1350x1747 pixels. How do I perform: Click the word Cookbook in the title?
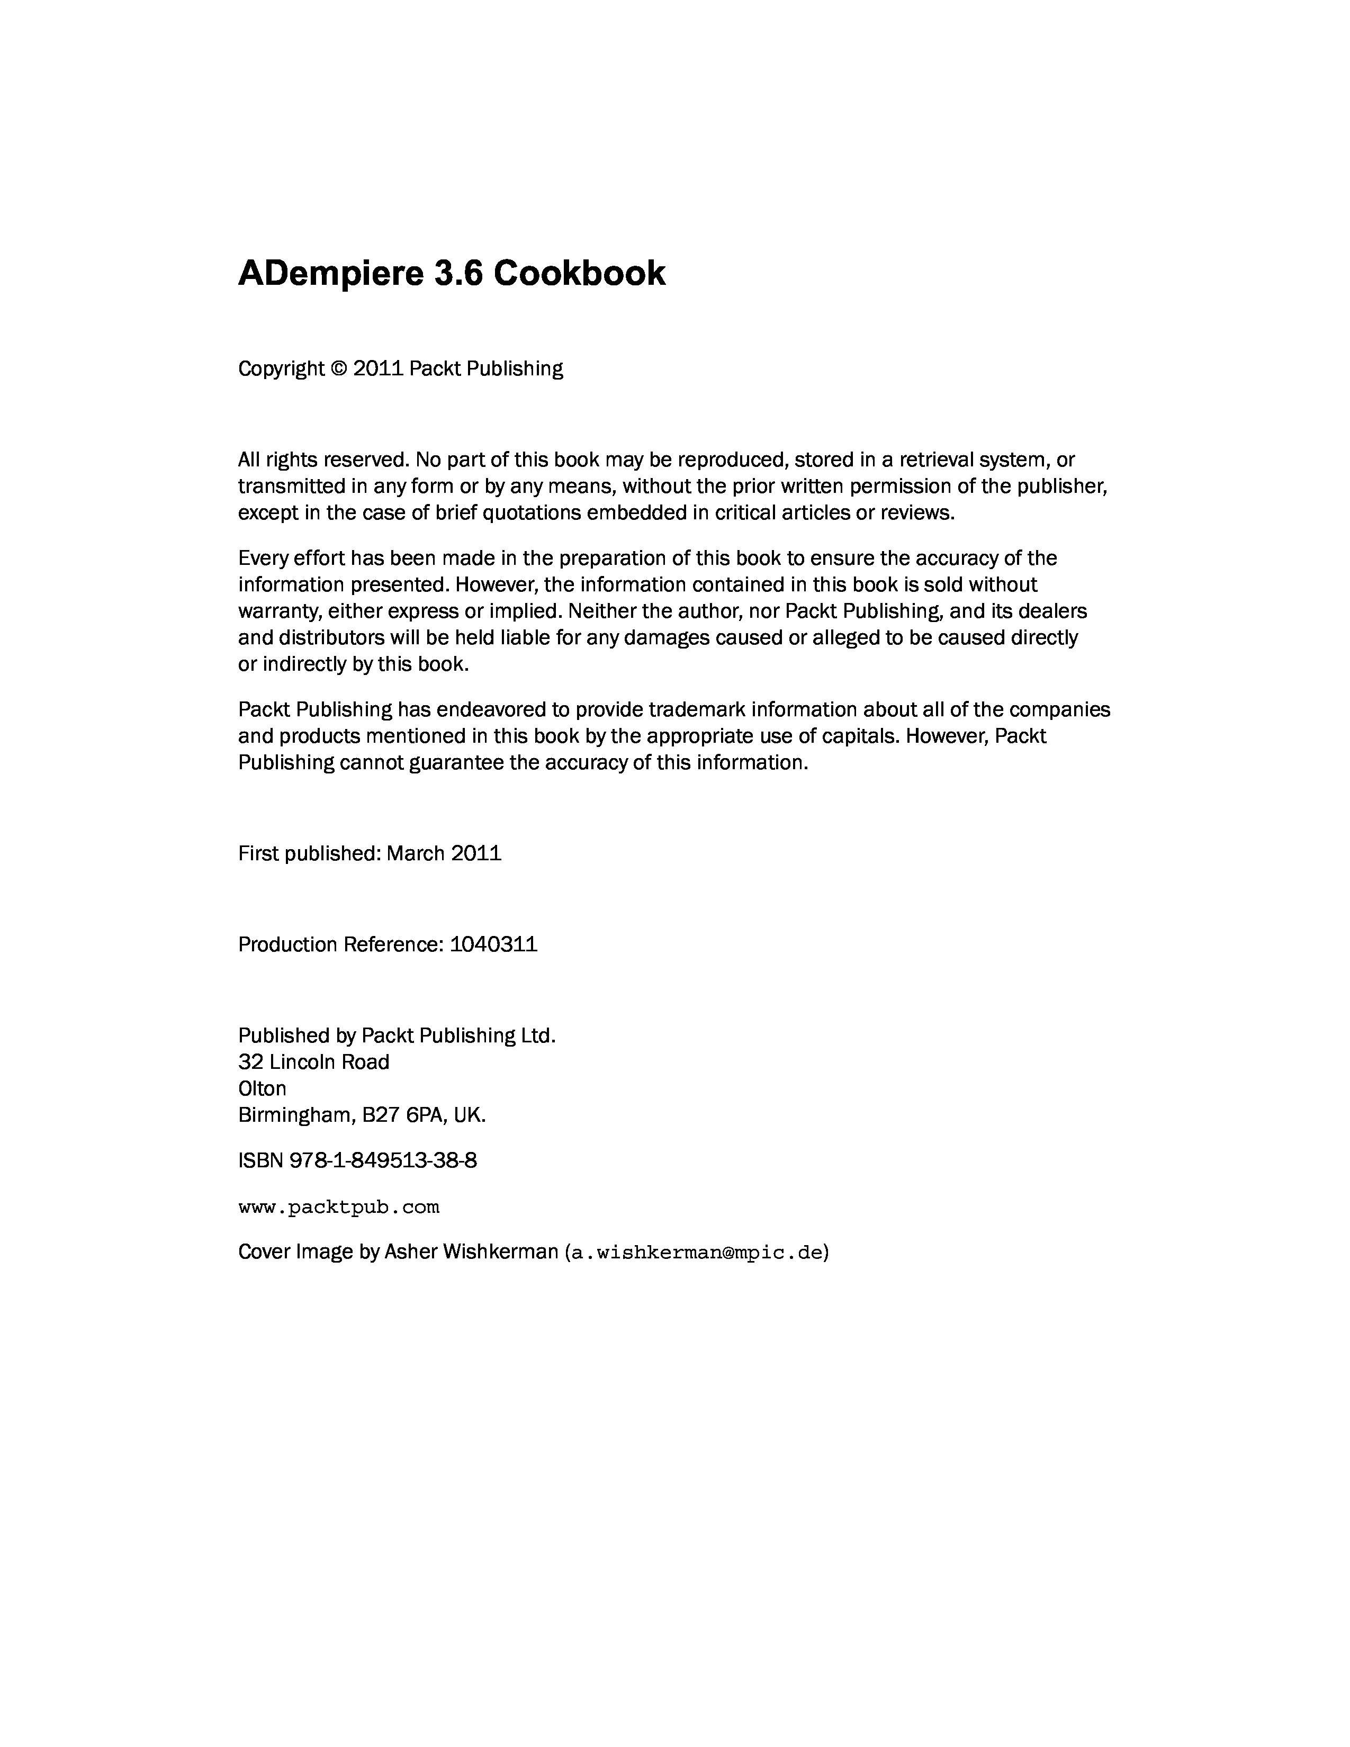pyautogui.click(x=579, y=274)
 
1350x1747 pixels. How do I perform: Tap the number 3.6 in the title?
pyautogui.click(x=459, y=274)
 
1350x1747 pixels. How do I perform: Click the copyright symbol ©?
pyautogui.click(x=339, y=369)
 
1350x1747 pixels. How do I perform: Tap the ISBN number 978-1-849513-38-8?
pyautogui.click(x=383, y=1160)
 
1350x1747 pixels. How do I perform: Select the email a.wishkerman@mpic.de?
pyautogui.click(x=696, y=1252)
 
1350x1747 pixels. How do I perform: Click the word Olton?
pyautogui.click(x=262, y=1088)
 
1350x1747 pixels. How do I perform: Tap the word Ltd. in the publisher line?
pyautogui.click(x=538, y=1036)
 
